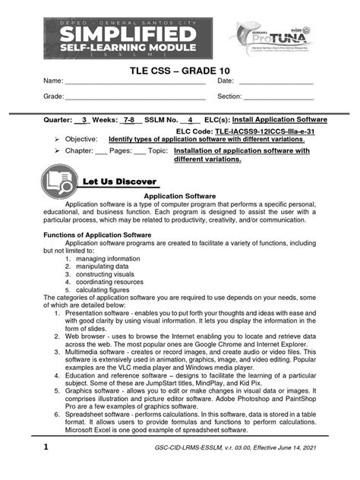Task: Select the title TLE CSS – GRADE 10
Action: [x=179, y=71]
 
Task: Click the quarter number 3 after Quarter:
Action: [x=84, y=120]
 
